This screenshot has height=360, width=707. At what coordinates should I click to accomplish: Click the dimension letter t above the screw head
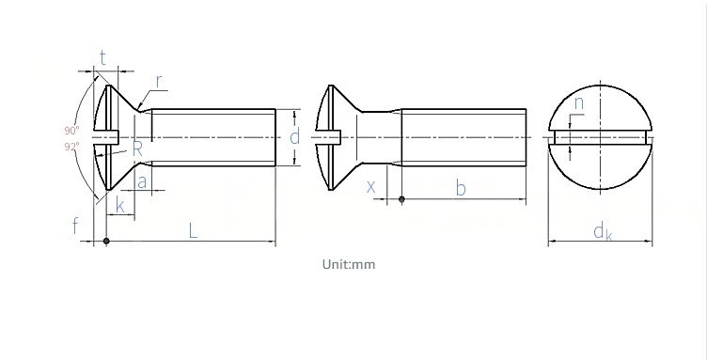point(103,57)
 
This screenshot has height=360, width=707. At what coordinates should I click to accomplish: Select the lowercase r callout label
point(159,81)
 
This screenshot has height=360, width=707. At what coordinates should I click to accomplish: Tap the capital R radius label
point(137,149)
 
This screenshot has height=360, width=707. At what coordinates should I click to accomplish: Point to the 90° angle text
point(71,131)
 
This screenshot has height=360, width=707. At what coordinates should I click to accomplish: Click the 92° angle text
point(71,146)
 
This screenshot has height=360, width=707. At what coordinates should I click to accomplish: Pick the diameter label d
point(294,136)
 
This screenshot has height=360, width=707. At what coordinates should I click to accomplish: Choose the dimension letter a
point(142,182)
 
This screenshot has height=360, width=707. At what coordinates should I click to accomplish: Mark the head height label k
point(120,205)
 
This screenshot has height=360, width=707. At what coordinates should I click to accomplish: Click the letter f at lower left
point(75,226)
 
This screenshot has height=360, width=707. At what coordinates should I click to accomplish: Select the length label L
point(193,230)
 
